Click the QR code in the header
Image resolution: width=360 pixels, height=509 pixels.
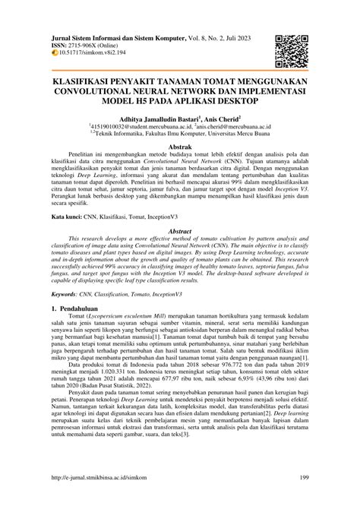click(x=292, y=50)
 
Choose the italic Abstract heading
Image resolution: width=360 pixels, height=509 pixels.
click(x=179, y=230)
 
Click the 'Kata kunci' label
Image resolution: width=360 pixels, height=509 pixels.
click(x=67, y=217)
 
